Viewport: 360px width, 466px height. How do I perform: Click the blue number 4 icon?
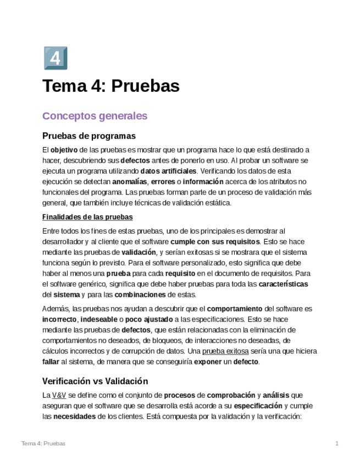[55, 58]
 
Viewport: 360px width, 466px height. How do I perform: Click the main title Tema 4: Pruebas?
[111, 86]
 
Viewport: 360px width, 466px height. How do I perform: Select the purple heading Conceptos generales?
[95, 116]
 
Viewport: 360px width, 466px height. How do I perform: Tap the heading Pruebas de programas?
[88, 136]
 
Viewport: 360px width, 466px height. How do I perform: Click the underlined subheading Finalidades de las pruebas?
[87, 217]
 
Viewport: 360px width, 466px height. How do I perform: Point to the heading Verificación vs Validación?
[95, 381]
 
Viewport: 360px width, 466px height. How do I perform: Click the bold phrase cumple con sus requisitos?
[215, 242]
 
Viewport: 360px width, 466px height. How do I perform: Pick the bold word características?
[283, 284]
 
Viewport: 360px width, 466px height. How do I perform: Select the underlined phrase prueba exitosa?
[225, 351]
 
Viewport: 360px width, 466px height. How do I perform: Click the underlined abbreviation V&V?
[59, 395]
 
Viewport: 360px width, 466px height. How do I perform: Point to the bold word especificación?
[258, 406]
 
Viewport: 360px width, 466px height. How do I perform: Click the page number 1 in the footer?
[336, 443]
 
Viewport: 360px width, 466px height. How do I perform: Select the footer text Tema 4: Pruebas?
[43, 443]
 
